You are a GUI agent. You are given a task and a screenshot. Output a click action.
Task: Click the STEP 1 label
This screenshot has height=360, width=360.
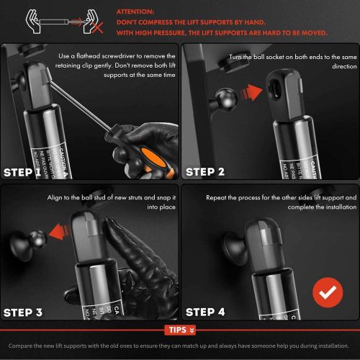coord(28,173)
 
